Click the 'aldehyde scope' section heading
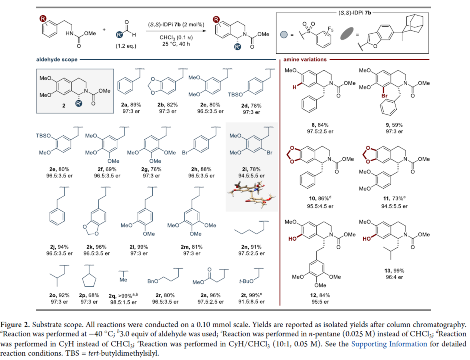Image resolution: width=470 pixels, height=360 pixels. [x=57, y=59]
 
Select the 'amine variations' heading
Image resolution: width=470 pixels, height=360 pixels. [x=305, y=59]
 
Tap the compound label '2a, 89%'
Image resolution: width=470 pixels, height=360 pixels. [x=131, y=105]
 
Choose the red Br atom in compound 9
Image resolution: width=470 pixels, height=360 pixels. [x=385, y=96]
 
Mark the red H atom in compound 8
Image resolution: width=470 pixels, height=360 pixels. [x=294, y=87]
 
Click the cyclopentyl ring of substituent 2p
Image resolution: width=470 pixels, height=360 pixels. [x=89, y=281]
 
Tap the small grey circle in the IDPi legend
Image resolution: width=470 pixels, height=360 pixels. [x=284, y=34]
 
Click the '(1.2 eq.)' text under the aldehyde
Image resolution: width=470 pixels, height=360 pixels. [x=126, y=46]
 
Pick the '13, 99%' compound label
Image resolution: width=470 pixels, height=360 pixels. [x=394, y=271]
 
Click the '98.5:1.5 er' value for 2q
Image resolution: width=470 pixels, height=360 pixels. [x=123, y=302]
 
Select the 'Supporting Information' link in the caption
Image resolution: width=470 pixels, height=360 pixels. [x=389, y=344]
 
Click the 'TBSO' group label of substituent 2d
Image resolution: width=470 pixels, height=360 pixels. [x=235, y=95]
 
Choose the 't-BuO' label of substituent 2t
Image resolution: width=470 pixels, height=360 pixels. [x=246, y=281]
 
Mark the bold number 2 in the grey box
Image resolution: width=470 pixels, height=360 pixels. [x=64, y=106]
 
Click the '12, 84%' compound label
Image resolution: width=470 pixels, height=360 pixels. [x=320, y=295]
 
